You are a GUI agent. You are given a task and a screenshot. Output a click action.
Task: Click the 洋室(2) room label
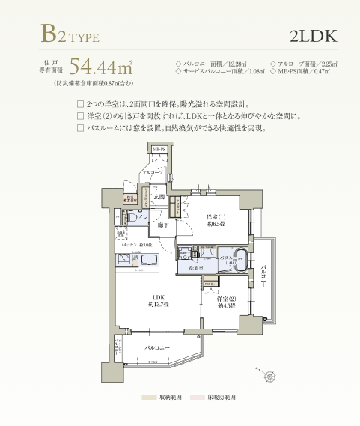coord(224,301)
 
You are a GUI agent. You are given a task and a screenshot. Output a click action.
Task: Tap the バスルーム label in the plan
coord(229,257)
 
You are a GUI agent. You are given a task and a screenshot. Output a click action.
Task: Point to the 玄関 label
coord(159,197)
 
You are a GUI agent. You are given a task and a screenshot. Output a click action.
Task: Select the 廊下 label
coord(162,225)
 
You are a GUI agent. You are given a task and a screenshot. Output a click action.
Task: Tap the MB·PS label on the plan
coord(159,150)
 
